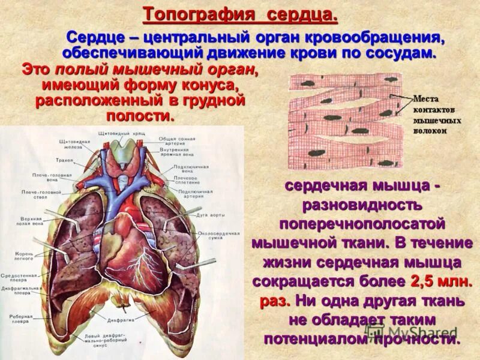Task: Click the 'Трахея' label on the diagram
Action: (x=65, y=160)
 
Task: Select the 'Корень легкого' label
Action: (x=23, y=257)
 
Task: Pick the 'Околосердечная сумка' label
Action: (x=221, y=235)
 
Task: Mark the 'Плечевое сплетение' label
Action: (x=187, y=181)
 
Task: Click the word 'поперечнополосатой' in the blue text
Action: (x=362, y=223)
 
